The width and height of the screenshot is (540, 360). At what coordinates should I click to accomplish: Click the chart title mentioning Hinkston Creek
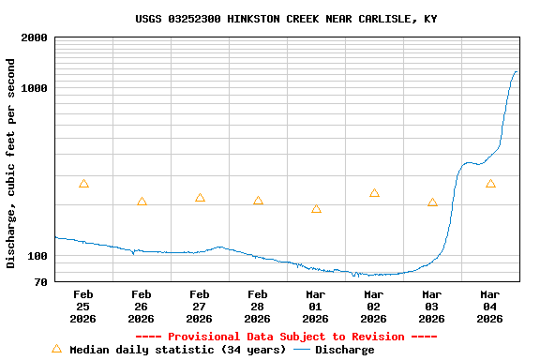286,19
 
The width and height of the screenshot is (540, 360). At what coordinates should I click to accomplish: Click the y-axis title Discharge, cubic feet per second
11,163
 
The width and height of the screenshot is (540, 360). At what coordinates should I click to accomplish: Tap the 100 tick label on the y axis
37,256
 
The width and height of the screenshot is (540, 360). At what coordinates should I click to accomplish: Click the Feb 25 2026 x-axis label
83,307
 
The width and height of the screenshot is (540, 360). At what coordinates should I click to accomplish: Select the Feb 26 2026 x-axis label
142,307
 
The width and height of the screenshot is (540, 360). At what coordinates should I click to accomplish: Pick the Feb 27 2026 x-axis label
200,307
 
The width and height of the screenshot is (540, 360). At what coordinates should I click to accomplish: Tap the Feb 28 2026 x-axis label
258,307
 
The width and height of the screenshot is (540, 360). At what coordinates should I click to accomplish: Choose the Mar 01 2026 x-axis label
316,307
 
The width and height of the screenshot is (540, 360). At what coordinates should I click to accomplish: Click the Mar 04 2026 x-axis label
490,307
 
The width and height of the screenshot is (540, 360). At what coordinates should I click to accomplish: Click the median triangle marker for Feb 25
83,184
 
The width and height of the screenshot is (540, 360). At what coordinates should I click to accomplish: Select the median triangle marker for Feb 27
200,198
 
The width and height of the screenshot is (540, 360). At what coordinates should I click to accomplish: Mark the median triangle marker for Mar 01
316,209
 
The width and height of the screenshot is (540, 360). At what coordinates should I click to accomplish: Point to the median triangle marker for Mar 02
374,193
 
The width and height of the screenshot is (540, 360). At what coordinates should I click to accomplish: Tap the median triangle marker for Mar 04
490,184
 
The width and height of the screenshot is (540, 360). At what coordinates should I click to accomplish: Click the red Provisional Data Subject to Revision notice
286,337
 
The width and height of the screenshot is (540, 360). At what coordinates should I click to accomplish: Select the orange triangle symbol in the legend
56,349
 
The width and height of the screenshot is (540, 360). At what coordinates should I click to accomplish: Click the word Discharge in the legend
344,350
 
